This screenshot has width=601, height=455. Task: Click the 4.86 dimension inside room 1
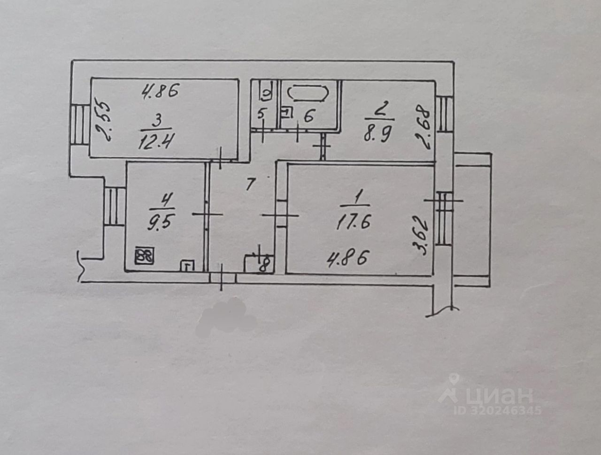point(348,258)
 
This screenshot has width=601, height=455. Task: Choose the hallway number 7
point(250,184)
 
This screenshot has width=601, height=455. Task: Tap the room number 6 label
point(308,116)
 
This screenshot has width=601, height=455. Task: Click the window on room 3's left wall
point(80,124)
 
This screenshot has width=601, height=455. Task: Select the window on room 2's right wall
point(444,114)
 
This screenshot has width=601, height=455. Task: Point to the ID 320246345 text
point(498,410)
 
